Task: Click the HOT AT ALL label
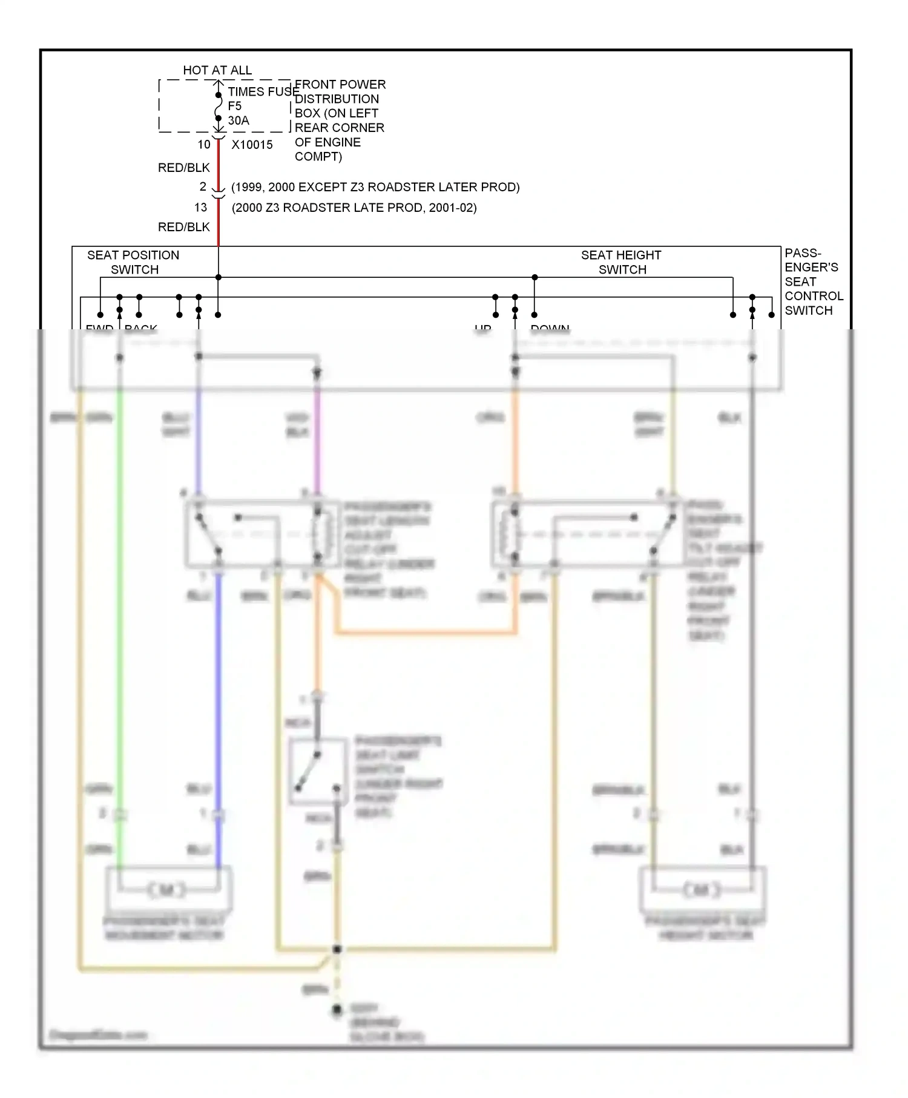click(217, 70)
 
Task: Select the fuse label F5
click(234, 106)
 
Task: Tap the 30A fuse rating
click(238, 120)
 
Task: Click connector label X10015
click(252, 145)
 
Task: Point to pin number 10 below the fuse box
click(204, 145)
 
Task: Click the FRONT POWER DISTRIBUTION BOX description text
click(339, 120)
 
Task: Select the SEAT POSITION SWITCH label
click(133, 262)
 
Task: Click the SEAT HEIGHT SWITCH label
click(621, 262)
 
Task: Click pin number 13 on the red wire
click(200, 208)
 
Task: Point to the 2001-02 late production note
click(354, 208)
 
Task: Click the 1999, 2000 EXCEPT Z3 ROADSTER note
click(375, 187)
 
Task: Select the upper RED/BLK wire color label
click(183, 168)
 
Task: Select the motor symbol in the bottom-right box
click(702, 890)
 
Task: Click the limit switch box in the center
click(318, 772)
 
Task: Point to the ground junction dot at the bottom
click(337, 949)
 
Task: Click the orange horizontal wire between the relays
click(424, 633)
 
